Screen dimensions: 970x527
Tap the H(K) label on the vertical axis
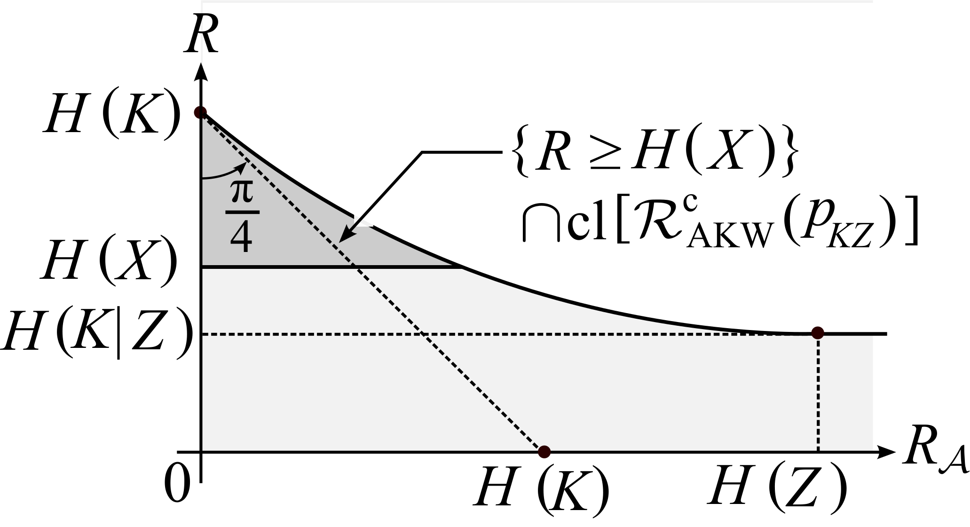[x=112, y=113]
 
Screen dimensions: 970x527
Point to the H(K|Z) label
[x=96, y=334]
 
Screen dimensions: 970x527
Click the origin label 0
[x=178, y=484]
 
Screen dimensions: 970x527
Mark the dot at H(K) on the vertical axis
[x=201, y=113]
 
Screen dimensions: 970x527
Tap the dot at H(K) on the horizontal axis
[x=544, y=452]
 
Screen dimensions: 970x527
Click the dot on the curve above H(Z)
[x=818, y=333]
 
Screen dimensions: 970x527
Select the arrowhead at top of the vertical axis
[x=201, y=71]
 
